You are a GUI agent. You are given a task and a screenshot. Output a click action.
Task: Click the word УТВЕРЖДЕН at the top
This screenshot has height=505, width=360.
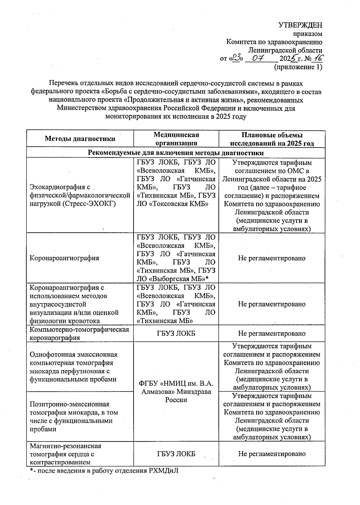pos(300,25)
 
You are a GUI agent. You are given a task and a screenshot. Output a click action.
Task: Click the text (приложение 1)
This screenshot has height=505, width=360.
pos(298,67)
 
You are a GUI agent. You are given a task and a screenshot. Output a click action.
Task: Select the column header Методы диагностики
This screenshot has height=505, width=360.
pos(80,139)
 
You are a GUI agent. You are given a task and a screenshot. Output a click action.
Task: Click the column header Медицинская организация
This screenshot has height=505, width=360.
pos(176,139)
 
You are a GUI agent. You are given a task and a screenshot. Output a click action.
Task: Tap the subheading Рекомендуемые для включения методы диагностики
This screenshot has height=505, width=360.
pos(176,153)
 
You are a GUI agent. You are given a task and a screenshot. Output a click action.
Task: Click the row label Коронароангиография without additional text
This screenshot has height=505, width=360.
pos(64,258)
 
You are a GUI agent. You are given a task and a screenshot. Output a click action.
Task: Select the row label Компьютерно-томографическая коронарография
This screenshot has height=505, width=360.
pos(79,333)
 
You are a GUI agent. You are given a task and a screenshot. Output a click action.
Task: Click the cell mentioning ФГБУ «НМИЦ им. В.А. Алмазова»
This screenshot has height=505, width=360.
pos(176,391)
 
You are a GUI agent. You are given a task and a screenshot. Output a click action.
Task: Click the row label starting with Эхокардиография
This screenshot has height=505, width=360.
pos(79,196)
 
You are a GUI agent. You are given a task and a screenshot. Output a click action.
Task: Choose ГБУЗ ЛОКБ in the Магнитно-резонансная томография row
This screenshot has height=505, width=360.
pos(176,454)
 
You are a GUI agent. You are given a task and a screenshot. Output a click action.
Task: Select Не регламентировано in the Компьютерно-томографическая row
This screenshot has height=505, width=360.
pos(272,333)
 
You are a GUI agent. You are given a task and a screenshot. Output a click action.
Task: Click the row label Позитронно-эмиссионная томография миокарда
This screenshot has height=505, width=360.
pos(74,417)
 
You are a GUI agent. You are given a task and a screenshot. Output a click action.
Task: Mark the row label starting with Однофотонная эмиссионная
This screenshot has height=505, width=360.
pos(74,367)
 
